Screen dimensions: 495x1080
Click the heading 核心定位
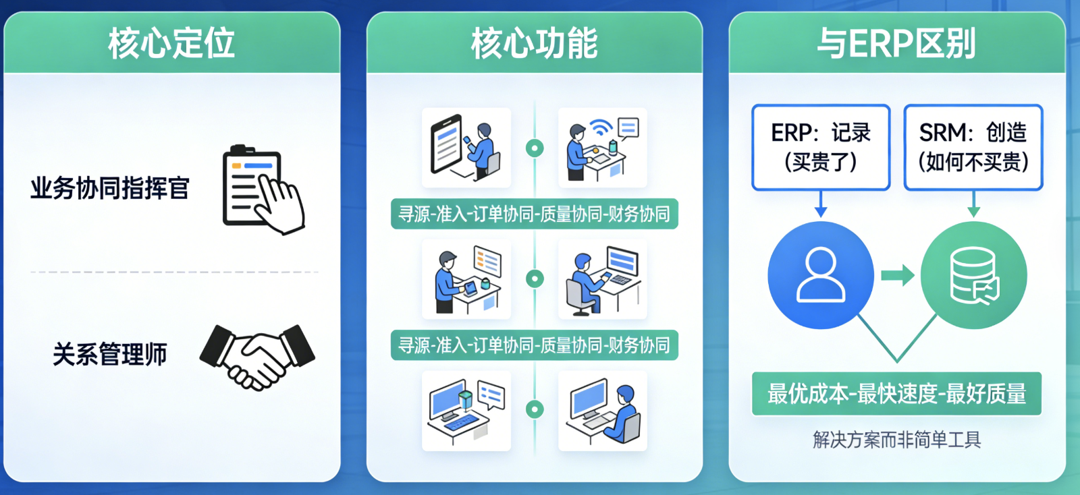pyautogui.click(x=171, y=43)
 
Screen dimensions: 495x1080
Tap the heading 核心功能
pyautogui.click(x=534, y=43)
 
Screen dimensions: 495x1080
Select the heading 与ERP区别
pyautogui.click(x=896, y=43)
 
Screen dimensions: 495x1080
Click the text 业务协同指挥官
pyautogui.click(x=110, y=188)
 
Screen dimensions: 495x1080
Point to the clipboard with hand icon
pyautogui.click(x=263, y=190)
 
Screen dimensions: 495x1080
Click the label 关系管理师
pyautogui.click(x=110, y=354)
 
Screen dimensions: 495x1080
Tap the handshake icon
pyautogui.click(x=257, y=356)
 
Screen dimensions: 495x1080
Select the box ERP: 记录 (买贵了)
pyautogui.click(x=821, y=147)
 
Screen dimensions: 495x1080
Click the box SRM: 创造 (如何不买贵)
pyautogui.click(x=973, y=147)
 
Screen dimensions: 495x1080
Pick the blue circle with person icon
pyautogui.click(x=821, y=275)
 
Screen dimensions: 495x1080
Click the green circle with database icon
pyautogui.click(x=973, y=275)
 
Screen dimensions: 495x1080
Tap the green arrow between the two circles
pyautogui.click(x=898, y=275)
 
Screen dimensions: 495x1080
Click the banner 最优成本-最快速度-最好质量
pyautogui.click(x=896, y=394)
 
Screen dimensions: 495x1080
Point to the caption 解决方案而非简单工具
pyautogui.click(x=896, y=440)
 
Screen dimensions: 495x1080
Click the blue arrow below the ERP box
pyautogui.click(x=821, y=204)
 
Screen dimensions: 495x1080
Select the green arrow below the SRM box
pyautogui.click(x=973, y=204)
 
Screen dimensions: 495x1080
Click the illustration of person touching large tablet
pyautogui.click(x=466, y=147)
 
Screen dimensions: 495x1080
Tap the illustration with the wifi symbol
pyautogui.click(x=603, y=147)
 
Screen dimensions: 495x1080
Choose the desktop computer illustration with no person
pyautogui.click(x=466, y=410)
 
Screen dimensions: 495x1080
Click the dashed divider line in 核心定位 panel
pyautogui.click(x=174, y=272)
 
